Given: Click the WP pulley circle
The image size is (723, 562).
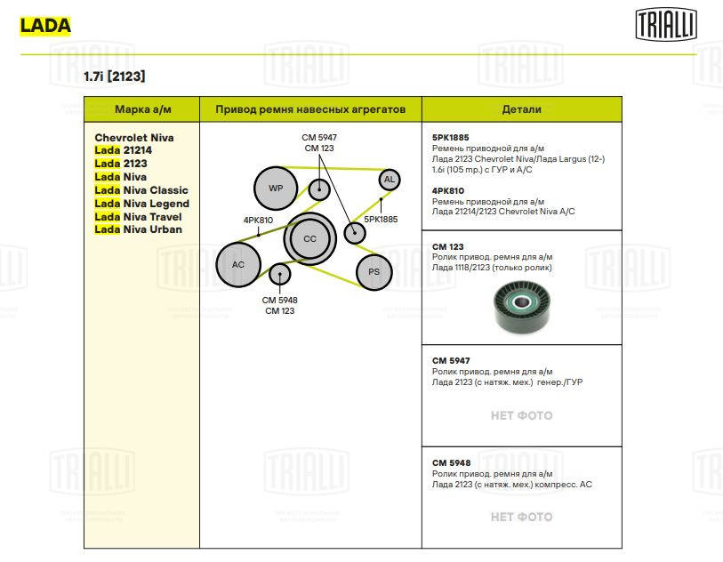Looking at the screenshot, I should pos(276,189).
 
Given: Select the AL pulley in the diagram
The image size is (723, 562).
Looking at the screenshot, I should pos(388,180).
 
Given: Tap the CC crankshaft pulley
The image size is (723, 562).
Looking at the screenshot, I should pos(309,238).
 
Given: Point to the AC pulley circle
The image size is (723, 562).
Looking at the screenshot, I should pos(237,265).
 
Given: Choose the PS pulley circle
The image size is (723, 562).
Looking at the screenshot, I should pos(374,272).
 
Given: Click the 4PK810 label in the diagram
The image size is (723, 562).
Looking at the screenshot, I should pos(258,220).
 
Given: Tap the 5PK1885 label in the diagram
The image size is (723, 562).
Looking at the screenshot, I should pos(381,219).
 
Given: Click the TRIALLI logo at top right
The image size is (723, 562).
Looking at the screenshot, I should pos(666,24).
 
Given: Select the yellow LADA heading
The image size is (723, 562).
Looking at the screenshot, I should pos(44,26).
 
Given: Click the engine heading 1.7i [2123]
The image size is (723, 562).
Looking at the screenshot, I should pos(114,76).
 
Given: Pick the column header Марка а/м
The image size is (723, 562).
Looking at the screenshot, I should pos(142,109).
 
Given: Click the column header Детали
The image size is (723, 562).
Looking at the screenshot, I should pos(521,109).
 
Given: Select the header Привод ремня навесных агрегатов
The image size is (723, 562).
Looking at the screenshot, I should pos(310,109).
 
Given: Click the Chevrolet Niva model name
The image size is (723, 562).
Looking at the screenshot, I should pos(134,138).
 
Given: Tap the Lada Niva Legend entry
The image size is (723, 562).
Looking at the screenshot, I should pos(141,204).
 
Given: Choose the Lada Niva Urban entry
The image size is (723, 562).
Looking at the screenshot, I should pos(138,229).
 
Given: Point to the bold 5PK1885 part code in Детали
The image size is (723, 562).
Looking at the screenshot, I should pos(451,138).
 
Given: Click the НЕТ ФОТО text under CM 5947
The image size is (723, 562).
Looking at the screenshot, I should pos(521,415).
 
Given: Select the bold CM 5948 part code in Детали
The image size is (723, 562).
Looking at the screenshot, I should pos(451,463).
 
